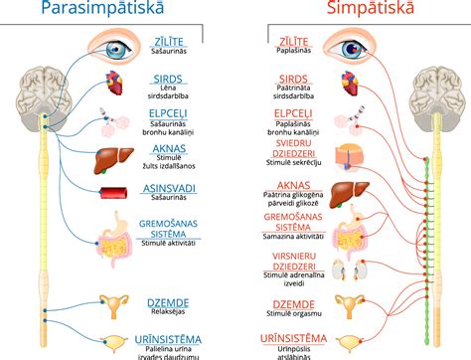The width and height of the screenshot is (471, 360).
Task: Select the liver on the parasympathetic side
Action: point(112,156)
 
